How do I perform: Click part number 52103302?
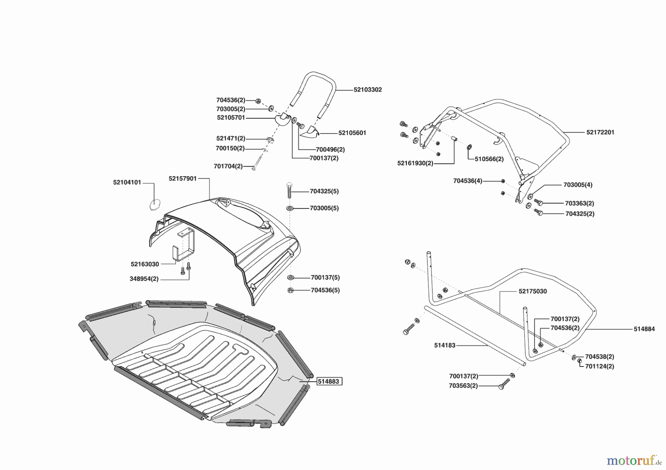(367, 90)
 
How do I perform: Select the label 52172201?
(600, 132)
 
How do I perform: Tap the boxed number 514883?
(329, 381)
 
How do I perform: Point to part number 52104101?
(127, 183)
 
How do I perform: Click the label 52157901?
(182, 178)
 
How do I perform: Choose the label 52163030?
(145, 264)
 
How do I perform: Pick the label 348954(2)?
(144, 279)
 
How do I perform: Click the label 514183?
(444, 345)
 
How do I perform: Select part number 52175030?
(532, 292)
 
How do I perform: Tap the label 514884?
(644, 329)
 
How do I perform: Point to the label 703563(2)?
(463, 386)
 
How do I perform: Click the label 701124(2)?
(599, 367)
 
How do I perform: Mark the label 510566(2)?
(489, 159)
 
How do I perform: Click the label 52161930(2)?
(415, 163)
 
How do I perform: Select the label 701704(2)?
(228, 166)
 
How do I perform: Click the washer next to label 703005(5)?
(290, 208)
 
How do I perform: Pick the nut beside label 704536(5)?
(290, 290)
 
